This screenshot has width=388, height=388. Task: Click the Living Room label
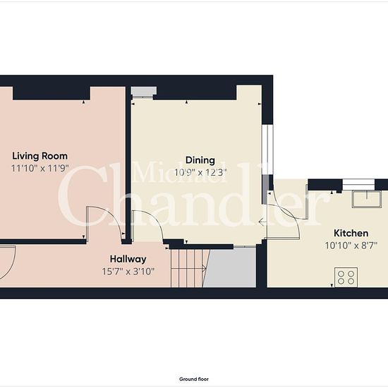pyautogui.click(x=40, y=156)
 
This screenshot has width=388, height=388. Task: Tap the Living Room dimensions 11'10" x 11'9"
pyautogui.click(x=40, y=169)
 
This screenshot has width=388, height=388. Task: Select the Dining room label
pyautogui.click(x=200, y=160)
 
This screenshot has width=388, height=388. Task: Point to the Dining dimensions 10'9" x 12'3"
pyautogui.click(x=200, y=172)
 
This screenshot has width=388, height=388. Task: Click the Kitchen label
pyautogui.click(x=351, y=233)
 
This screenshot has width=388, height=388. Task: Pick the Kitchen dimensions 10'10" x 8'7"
pyautogui.click(x=351, y=245)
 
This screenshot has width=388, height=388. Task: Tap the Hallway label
pyautogui.click(x=128, y=259)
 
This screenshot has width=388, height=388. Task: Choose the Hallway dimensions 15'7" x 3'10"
pyautogui.click(x=128, y=272)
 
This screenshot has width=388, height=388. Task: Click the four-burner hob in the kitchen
pyautogui.click(x=346, y=277)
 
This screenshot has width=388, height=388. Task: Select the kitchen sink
pyautogui.click(x=366, y=199)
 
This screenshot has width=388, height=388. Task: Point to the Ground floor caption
pyautogui.click(x=194, y=379)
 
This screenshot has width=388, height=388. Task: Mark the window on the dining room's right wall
pyautogui.click(x=267, y=150)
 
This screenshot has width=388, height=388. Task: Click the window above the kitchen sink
pyautogui.click(x=358, y=183)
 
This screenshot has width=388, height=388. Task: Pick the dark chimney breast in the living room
pyautogui.click(x=51, y=93)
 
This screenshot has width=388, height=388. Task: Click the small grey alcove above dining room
pyautogui.click(x=143, y=91)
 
